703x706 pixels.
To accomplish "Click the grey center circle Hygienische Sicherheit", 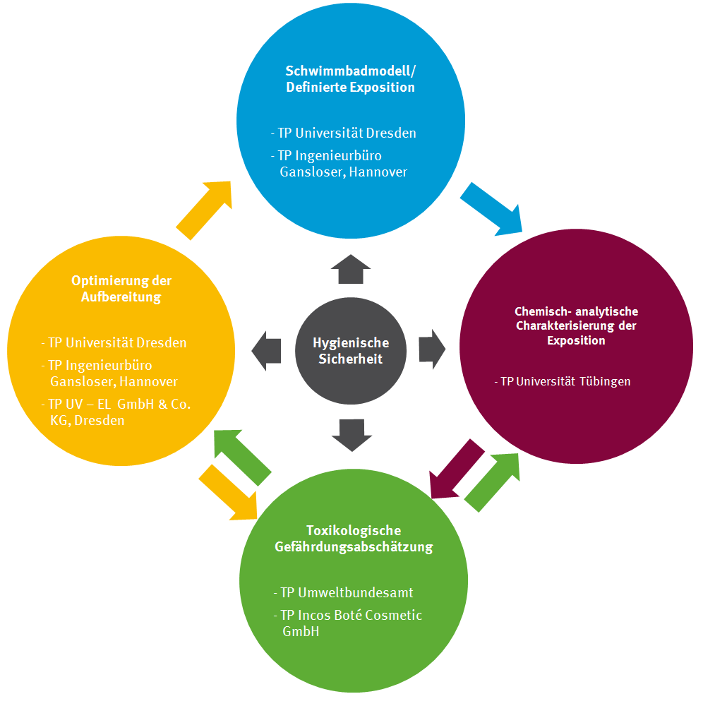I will pyautogui.click(x=351, y=351).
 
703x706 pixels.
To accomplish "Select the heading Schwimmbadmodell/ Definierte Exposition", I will pyautogui.click(x=350, y=79).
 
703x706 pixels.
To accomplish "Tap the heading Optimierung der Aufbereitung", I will pyautogui.click(x=121, y=289).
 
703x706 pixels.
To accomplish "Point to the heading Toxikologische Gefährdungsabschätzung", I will pyautogui.click(x=354, y=539).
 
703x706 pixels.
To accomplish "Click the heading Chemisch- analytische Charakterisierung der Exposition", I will pyautogui.click(x=576, y=325).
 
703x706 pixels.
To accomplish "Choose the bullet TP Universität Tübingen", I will pyautogui.click(x=563, y=381).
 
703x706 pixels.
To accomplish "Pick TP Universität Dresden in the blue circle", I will pyautogui.click(x=344, y=133).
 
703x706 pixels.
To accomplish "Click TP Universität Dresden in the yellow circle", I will pyautogui.click(x=114, y=343).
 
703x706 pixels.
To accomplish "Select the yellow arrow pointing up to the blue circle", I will pyautogui.click(x=205, y=209).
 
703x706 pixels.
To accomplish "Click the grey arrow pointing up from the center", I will pyautogui.click(x=351, y=269).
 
